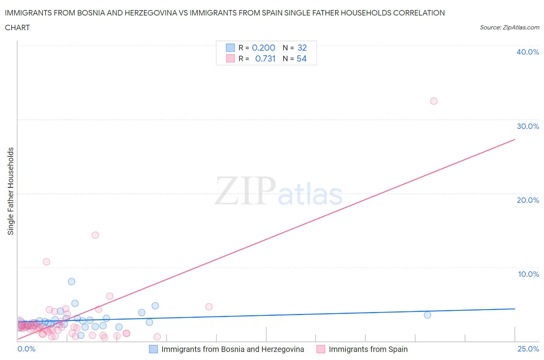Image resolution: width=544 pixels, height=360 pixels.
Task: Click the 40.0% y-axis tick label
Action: click(x=527, y=52)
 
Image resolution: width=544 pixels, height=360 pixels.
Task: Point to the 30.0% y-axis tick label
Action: click(x=527, y=126)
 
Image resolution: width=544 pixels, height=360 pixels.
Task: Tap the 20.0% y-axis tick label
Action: click(x=527, y=200)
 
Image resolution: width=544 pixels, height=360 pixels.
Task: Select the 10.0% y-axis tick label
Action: click(x=528, y=274)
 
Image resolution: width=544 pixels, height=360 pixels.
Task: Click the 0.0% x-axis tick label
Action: click(x=26, y=349)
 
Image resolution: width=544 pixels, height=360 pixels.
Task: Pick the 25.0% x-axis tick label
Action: click(x=528, y=349)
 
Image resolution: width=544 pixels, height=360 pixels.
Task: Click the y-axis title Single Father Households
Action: click(x=11, y=191)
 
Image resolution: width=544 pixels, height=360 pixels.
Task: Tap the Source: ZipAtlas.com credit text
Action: click(x=509, y=27)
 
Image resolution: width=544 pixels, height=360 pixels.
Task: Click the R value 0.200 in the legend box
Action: click(x=263, y=48)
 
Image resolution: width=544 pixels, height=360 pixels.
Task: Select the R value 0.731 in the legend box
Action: click(x=265, y=58)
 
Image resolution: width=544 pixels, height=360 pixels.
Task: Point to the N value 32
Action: click(x=302, y=48)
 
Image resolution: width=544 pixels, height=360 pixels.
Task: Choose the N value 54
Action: click(x=301, y=58)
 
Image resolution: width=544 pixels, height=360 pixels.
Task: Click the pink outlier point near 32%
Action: click(x=434, y=101)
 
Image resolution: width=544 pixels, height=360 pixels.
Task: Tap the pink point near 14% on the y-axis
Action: click(x=95, y=235)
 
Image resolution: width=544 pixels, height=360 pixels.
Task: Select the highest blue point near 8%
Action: click(x=72, y=281)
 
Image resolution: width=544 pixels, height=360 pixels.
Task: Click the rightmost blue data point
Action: click(x=428, y=315)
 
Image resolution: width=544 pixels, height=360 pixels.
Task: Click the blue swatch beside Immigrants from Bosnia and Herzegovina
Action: click(x=154, y=349)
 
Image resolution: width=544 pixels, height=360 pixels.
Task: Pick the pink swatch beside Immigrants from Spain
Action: click(x=321, y=349)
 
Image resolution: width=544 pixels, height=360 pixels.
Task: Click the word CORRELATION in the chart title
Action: click(x=419, y=13)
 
